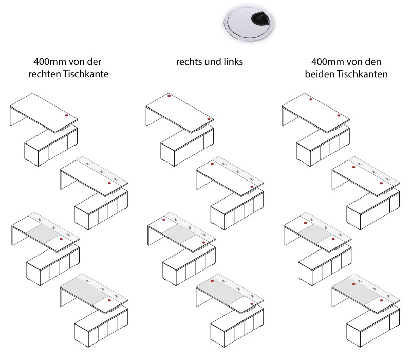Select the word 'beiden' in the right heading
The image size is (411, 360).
(x=319, y=74)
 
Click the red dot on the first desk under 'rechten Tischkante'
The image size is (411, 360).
(x=66, y=116)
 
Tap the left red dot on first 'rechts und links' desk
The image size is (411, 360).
(x=170, y=96)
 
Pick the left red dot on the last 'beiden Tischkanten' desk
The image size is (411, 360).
(x=353, y=284)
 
